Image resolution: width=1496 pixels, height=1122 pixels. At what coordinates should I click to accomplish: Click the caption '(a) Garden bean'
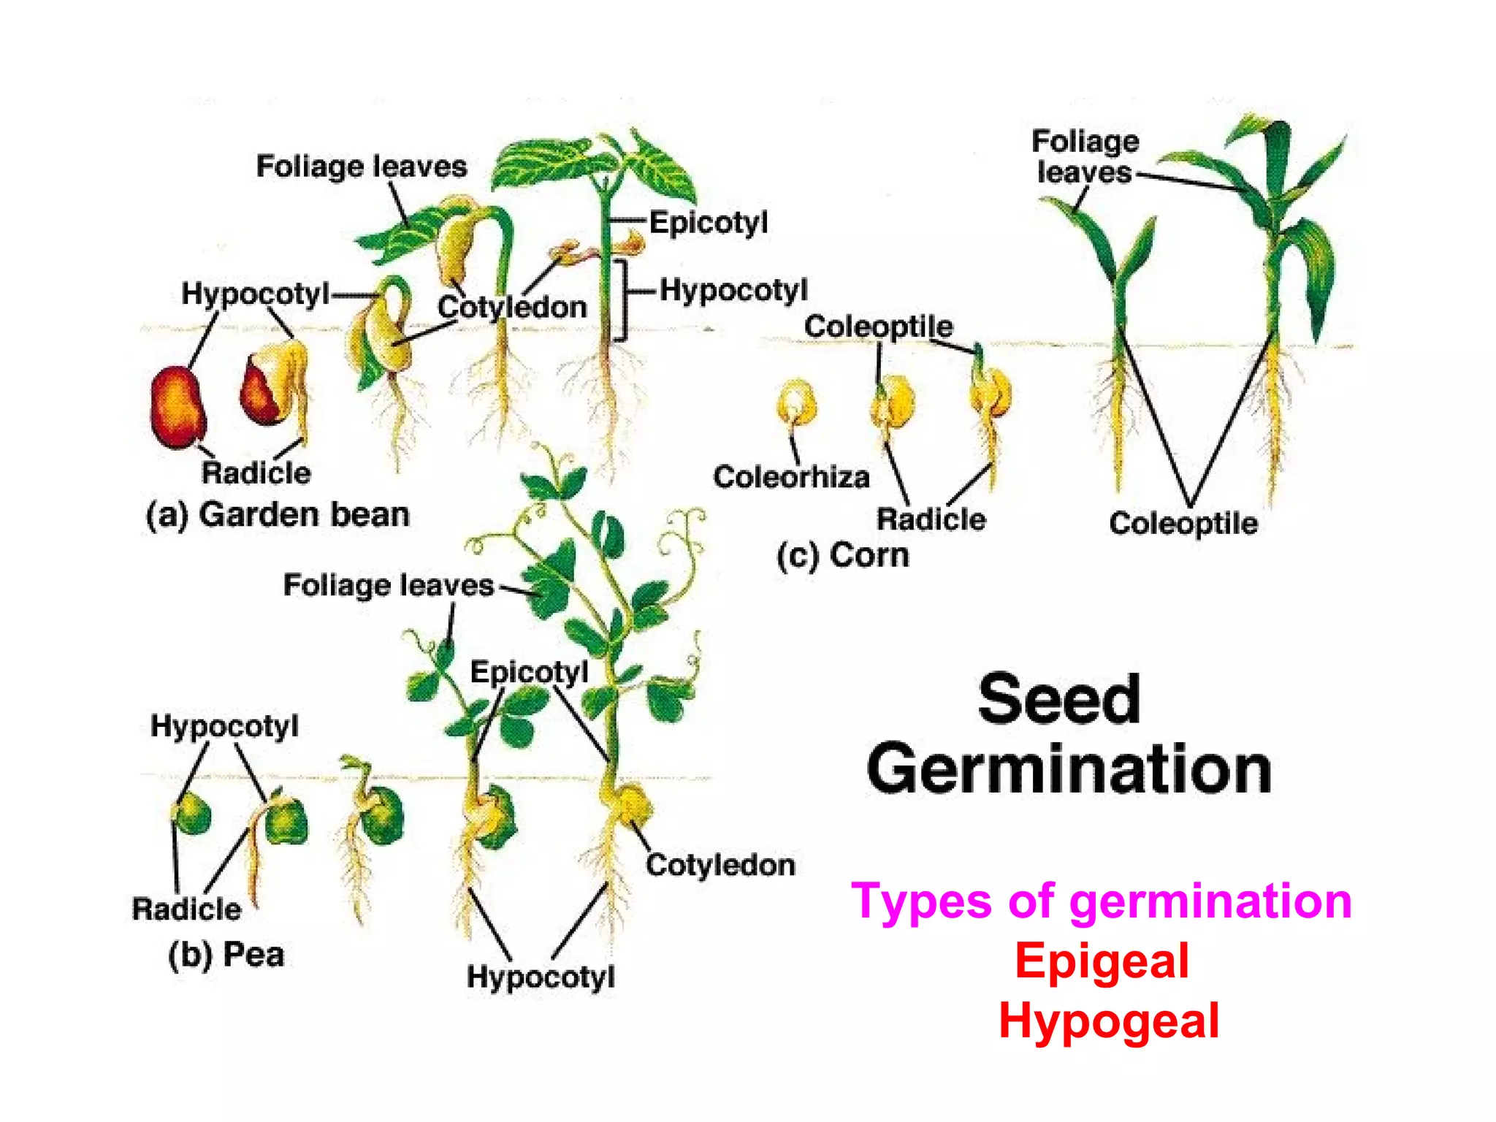pos(278,515)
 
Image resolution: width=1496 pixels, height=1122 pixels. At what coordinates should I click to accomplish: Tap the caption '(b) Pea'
pos(226,955)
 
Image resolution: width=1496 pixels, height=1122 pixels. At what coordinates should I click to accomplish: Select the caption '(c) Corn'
pos(842,556)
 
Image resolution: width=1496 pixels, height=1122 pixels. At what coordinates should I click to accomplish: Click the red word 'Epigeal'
pos(1102,961)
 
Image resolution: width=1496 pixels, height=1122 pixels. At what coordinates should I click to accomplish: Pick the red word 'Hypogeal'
pos(1108,1020)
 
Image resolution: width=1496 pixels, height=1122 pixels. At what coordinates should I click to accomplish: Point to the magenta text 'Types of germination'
pos(1102,901)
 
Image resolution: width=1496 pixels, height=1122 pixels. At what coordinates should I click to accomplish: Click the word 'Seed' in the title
pos(1058,700)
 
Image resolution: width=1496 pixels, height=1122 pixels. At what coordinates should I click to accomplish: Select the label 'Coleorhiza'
pos(791,477)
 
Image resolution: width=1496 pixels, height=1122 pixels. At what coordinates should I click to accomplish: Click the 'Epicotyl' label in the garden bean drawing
pos(708,222)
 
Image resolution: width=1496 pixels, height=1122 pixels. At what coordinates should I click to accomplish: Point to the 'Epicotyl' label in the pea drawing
pos(529,672)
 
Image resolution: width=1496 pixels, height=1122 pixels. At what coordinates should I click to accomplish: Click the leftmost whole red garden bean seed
pos(178,407)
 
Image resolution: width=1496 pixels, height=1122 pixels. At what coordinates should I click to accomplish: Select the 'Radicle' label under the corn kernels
pos(931,519)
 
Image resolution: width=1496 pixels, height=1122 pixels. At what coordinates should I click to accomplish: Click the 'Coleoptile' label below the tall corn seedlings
pos(1183,523)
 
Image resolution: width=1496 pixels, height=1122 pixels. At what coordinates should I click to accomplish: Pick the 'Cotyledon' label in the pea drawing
pos(720,865)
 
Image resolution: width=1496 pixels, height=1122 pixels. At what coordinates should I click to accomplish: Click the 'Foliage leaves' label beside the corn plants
pos(1085,156)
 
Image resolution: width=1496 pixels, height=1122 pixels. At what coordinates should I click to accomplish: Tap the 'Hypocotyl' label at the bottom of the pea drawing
pos(541,977)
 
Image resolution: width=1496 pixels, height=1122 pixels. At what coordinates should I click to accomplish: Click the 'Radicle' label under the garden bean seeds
pos(256,473)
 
